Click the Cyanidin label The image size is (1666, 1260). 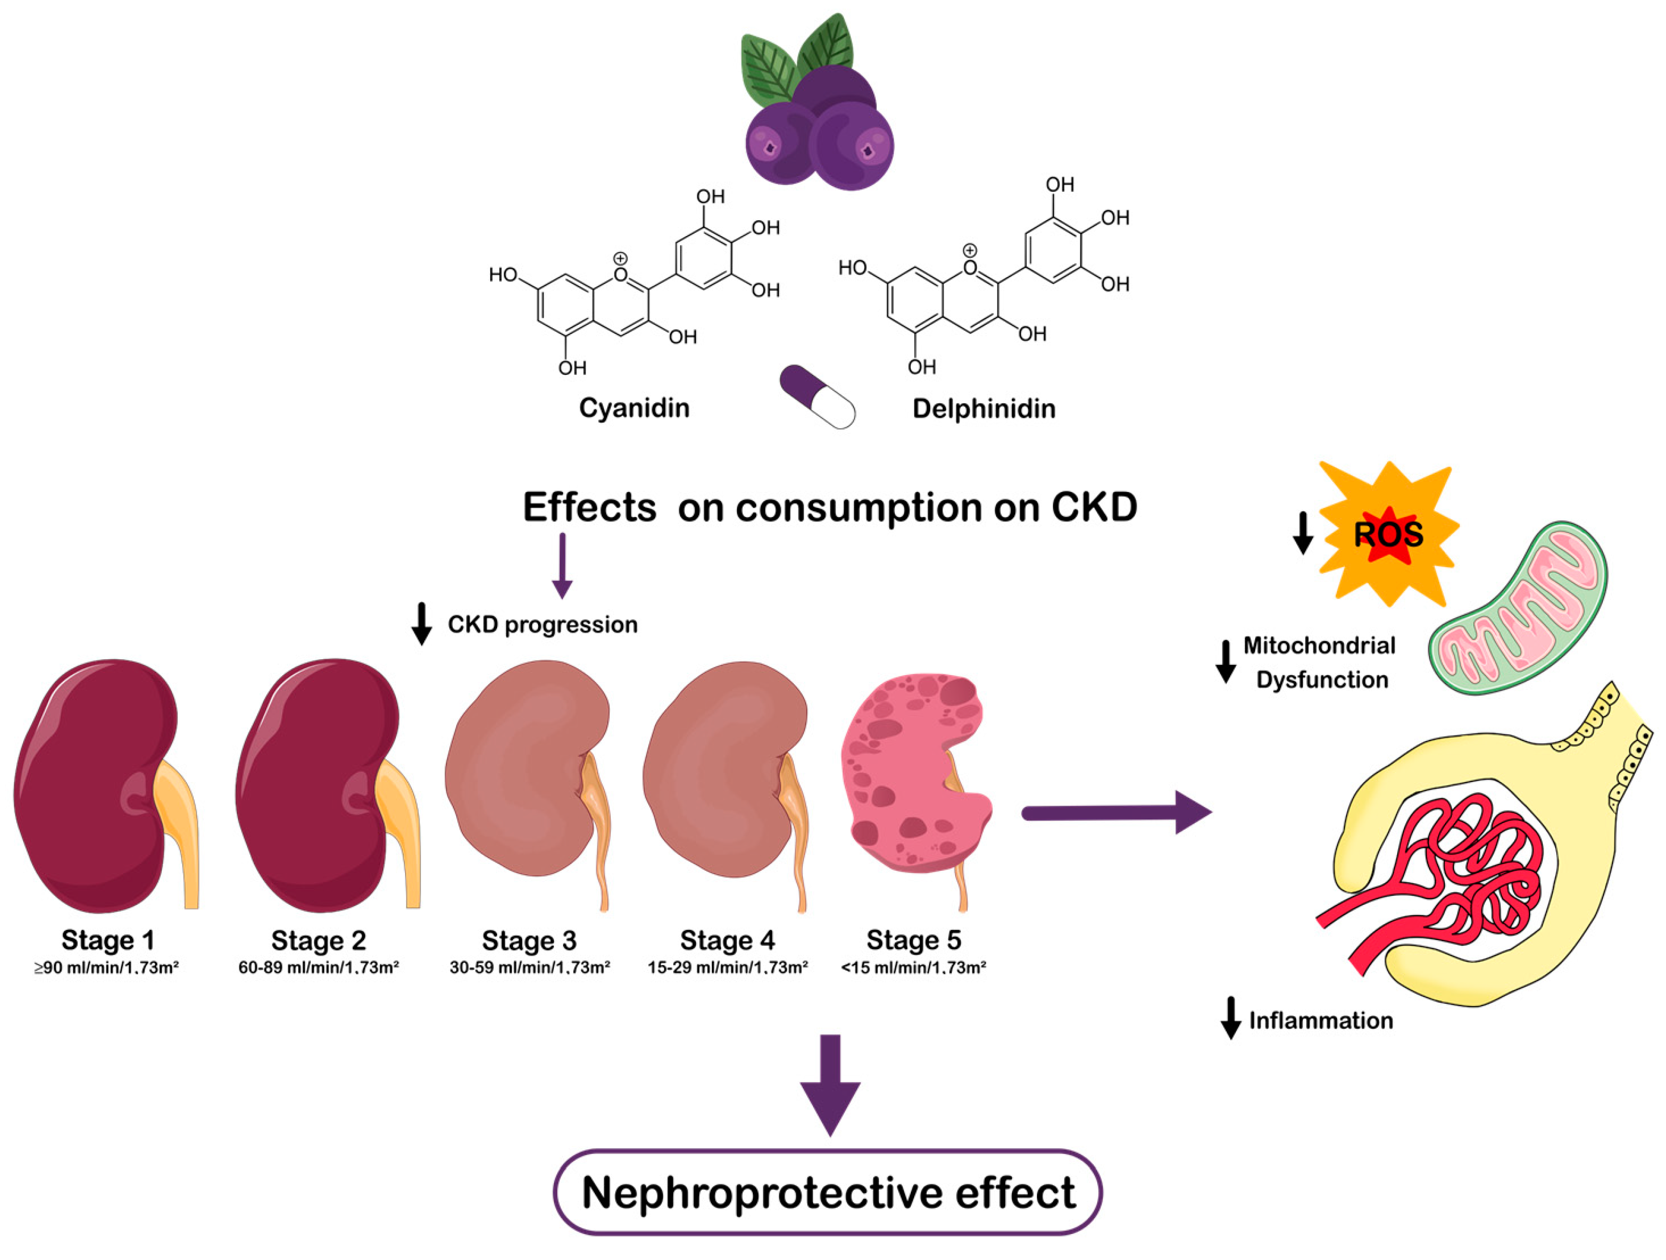(x=634, y=408)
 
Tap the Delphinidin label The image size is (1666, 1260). (x=984, y=409)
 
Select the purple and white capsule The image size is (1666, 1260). (x=817, y=397)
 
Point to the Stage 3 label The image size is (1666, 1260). (x=529, y=941)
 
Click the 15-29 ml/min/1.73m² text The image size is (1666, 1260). (x=728, y=968)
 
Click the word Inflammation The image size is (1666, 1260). (x=1321, y=1021)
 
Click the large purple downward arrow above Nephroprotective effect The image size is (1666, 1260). (x=830, y=1085)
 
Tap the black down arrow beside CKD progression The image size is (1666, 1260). (x=422, y=624)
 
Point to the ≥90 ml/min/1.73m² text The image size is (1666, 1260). (x=106, y=968)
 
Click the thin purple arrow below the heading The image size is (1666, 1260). (x=562, y=565)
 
